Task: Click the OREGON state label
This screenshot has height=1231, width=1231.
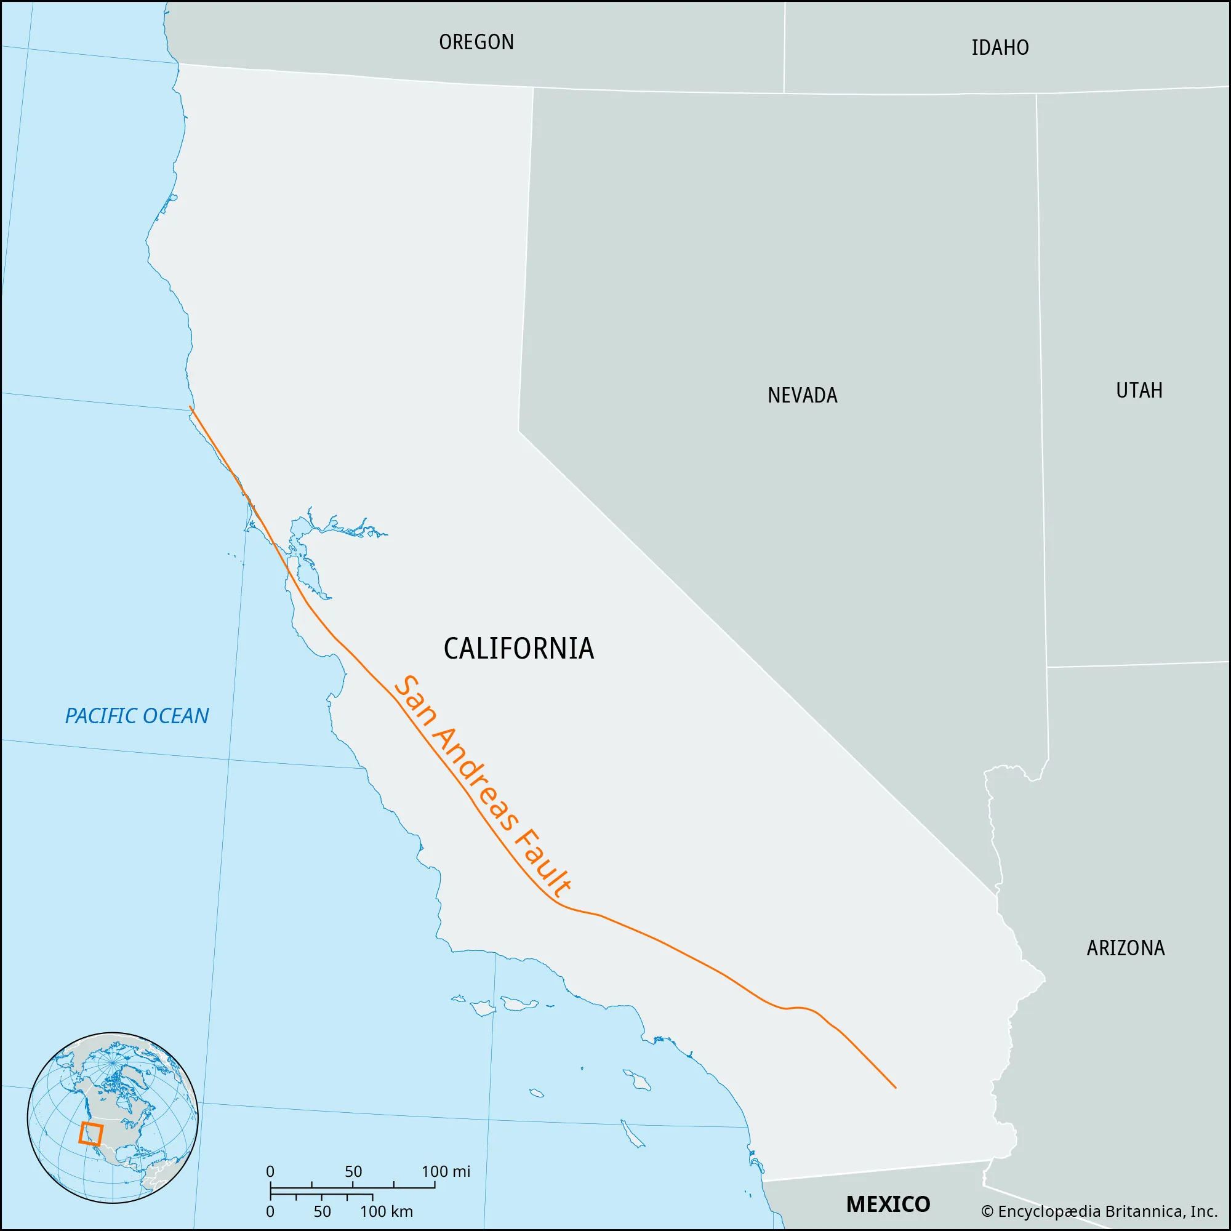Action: [476, 42]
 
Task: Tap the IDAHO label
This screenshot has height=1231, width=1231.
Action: [1000, 48]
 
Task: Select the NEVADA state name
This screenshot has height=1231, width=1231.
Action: [802, 396]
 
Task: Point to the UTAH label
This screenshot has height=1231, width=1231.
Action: [1139, 391]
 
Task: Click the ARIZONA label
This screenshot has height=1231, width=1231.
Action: [1125, 948]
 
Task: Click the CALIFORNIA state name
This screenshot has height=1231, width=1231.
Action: [519, 649]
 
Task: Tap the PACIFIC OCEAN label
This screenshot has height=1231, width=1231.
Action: [137, 716]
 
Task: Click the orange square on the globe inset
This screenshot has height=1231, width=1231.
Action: [90, 1134]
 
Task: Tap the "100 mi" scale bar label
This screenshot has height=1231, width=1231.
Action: [446, 1171]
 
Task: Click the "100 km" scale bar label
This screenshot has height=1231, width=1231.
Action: [386, 1211]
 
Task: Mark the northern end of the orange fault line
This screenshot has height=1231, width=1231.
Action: [191, 407]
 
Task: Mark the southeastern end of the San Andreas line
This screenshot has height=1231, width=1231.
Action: [895, 1087]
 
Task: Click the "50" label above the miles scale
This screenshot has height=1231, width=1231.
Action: [353, 1171]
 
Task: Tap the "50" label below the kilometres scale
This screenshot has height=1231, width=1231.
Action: [322, 1211]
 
